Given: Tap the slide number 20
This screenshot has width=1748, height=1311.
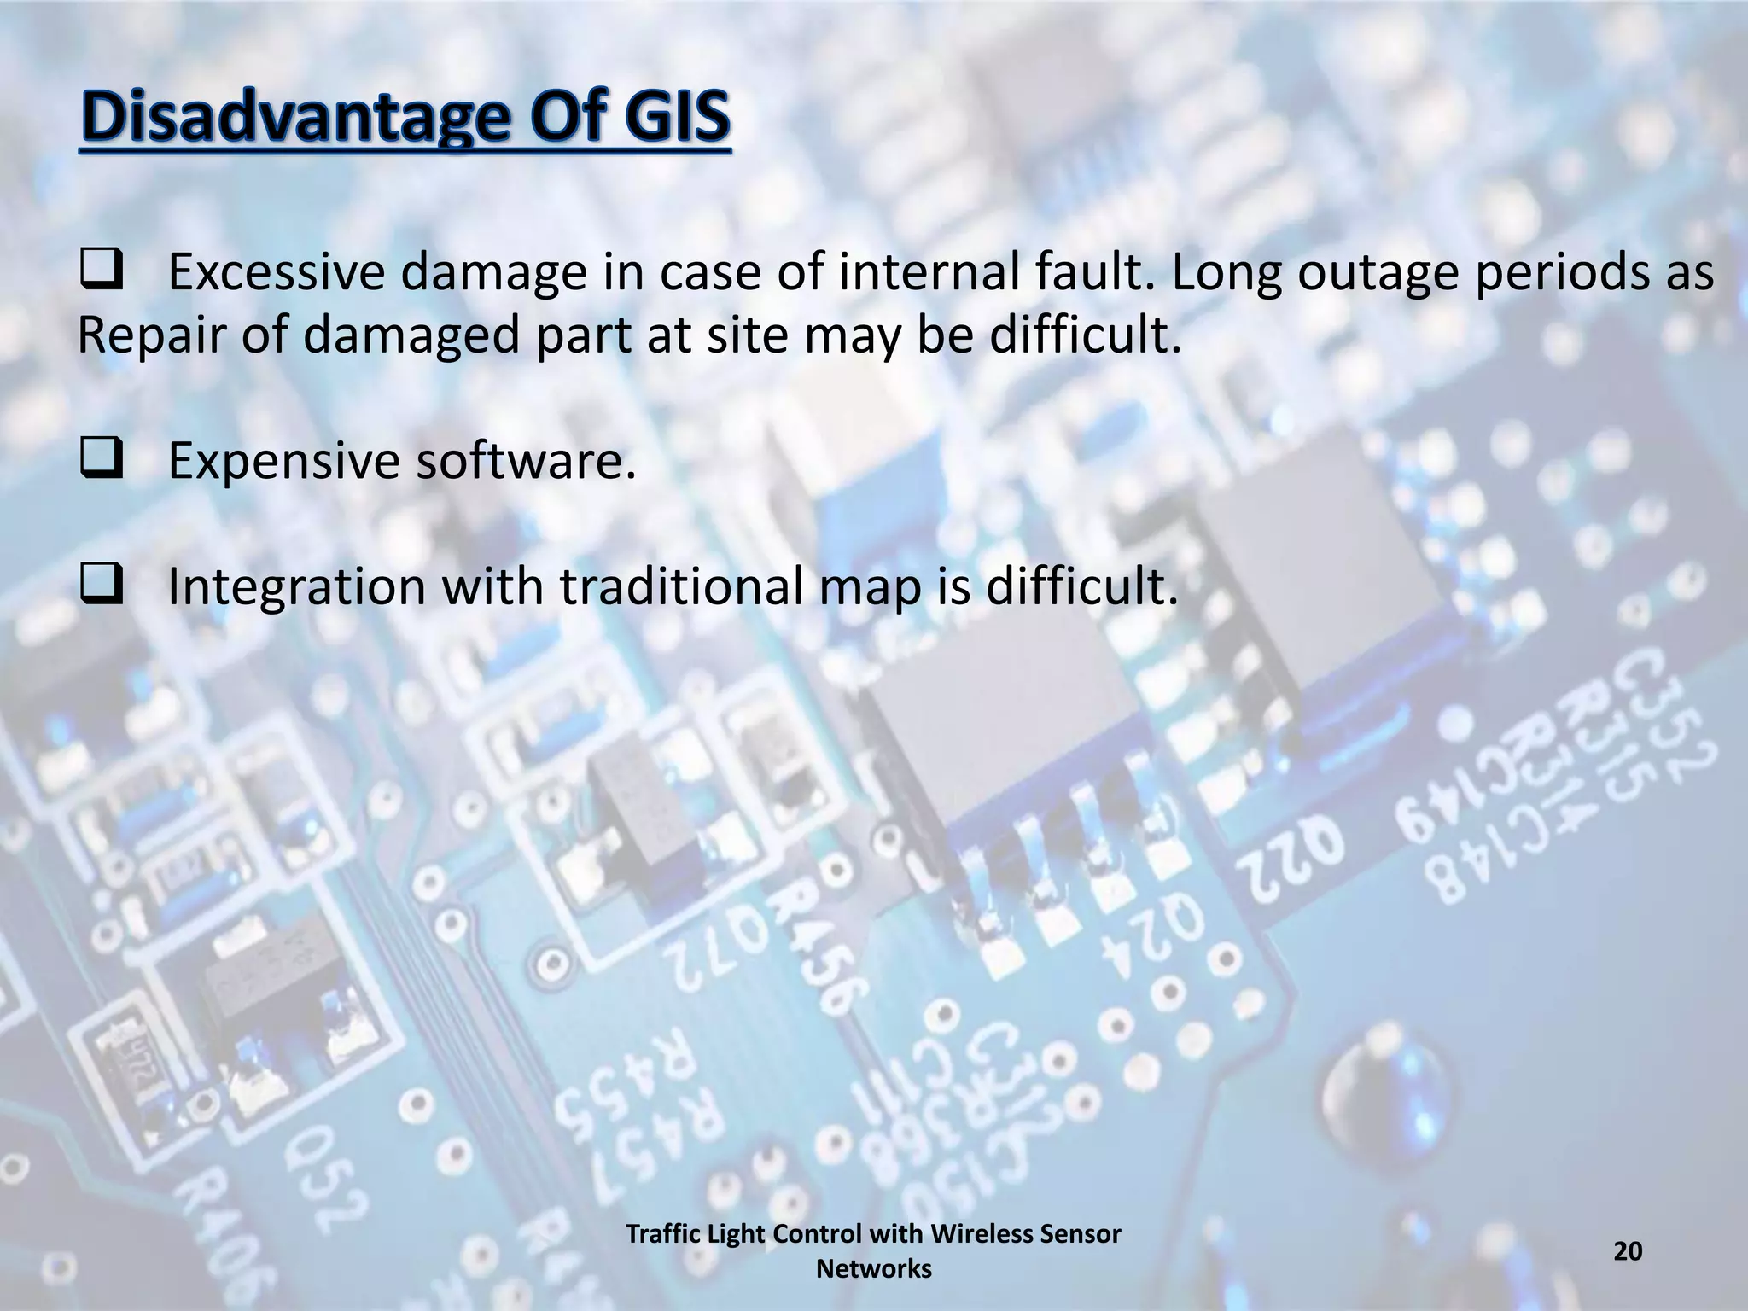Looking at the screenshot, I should click(x=1628, y=1251).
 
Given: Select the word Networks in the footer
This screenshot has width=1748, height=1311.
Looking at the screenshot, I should click(x=873, y=1269).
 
